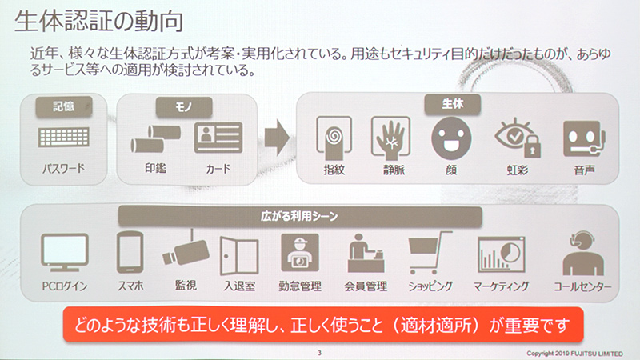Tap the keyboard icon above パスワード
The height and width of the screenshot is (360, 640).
tap(63, 138)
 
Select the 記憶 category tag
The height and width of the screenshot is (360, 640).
tap(63, 105)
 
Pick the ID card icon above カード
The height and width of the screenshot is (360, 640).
tap(217, 138)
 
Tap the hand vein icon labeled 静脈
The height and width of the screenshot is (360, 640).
tap(390, 136)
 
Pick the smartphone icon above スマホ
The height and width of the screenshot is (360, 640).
tap(129, 252)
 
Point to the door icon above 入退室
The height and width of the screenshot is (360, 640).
tap(238, 254)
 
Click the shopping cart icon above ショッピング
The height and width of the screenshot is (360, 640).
tap(427, 254)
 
